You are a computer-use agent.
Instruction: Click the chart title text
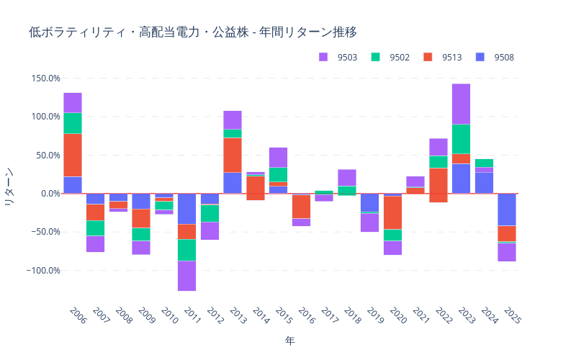[193, 32]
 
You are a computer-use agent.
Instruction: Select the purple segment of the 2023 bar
[461, 104]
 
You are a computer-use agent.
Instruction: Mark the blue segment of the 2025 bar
[507, 210]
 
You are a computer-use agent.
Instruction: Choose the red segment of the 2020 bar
[392, 213]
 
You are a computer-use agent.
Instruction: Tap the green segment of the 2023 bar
[461, 139]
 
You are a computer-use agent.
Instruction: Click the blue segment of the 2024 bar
[484, 183]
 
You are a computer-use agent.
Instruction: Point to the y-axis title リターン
[9, 186]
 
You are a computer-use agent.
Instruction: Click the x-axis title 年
[289, 340]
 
